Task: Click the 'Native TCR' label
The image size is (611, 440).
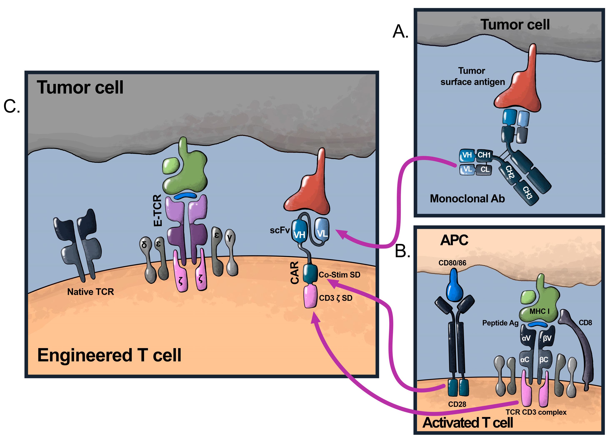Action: point(91,292)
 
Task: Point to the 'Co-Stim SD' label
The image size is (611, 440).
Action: point(339,275)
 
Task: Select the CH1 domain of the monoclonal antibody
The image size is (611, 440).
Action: point(484,155)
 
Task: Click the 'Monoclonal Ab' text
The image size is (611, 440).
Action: point(467,199)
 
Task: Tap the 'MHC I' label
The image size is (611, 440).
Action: point(539,311)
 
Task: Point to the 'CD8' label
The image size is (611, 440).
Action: point(585,322)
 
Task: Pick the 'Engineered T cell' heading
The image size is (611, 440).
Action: point(109,355)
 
